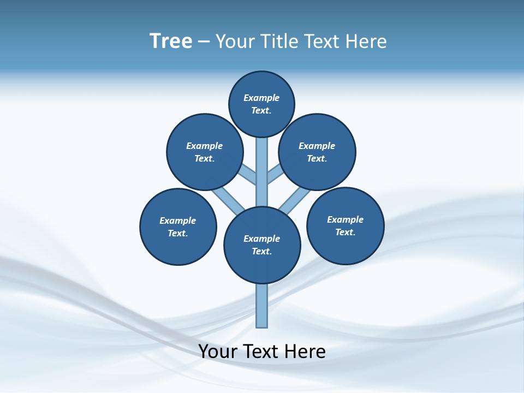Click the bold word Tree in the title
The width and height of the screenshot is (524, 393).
click(x=171, y=41)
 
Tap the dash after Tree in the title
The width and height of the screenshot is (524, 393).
click(x=204, y=41)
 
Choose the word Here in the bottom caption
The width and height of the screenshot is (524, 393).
click(x=305, y=352)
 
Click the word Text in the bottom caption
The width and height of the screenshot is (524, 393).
click(x=261, y=352)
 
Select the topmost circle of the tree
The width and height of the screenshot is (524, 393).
click(x=261, y=104)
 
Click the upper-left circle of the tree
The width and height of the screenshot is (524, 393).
click(x=205, y=152)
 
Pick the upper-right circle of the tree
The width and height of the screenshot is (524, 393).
click(x=317, y=152)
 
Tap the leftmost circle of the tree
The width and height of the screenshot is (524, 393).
click(x=178, y=227)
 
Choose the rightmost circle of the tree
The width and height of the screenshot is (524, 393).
click(x=345, y=225)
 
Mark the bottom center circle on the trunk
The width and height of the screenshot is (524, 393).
click(x=262, y=245)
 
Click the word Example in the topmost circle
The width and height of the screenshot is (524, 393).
click(x=261, y=98)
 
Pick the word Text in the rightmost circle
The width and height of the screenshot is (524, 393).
click(x=345, y=232)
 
